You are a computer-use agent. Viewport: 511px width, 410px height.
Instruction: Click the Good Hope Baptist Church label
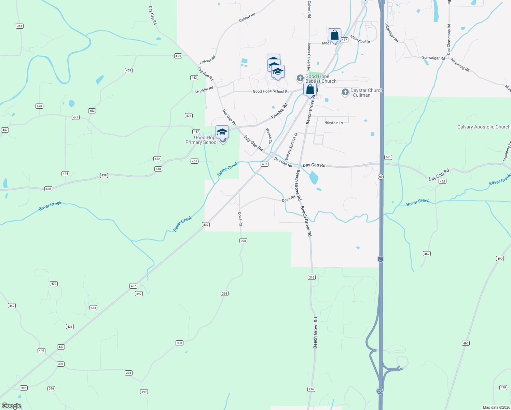pos(321,79)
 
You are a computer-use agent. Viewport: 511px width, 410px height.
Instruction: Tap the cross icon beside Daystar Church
pos(345,92)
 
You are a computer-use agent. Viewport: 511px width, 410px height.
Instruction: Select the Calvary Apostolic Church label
pos(484,127)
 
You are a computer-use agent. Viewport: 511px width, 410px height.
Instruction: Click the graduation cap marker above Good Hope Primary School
pos(222,132)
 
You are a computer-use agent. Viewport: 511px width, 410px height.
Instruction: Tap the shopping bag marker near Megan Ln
pos(334,35)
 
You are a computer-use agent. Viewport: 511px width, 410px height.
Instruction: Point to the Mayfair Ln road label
pos(334,123)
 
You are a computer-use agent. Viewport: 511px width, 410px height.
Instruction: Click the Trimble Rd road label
pos(279,111)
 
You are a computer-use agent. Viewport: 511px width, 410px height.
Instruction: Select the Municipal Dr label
pos(360,39)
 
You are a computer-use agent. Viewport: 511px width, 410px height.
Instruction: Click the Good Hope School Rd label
pos(271,92)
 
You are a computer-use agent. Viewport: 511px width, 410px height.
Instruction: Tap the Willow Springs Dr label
pos(291,146)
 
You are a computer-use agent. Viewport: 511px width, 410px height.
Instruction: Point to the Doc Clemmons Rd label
pos(449,39)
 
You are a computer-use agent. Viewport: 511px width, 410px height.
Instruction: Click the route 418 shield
pos(19,26)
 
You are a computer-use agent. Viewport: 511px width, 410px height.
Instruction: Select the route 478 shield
pos(39,106)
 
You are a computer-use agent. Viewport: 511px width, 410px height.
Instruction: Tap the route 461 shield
pos(388,158)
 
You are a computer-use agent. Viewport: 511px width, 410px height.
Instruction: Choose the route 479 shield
pos(503,387)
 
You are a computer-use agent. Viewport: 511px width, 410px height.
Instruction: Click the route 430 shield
pos(54,284)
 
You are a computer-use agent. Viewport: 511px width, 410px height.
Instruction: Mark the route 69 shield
pos(381,177)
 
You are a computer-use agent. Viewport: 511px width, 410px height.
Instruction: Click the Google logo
pos(12,406)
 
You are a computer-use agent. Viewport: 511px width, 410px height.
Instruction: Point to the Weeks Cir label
pos(269,136)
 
